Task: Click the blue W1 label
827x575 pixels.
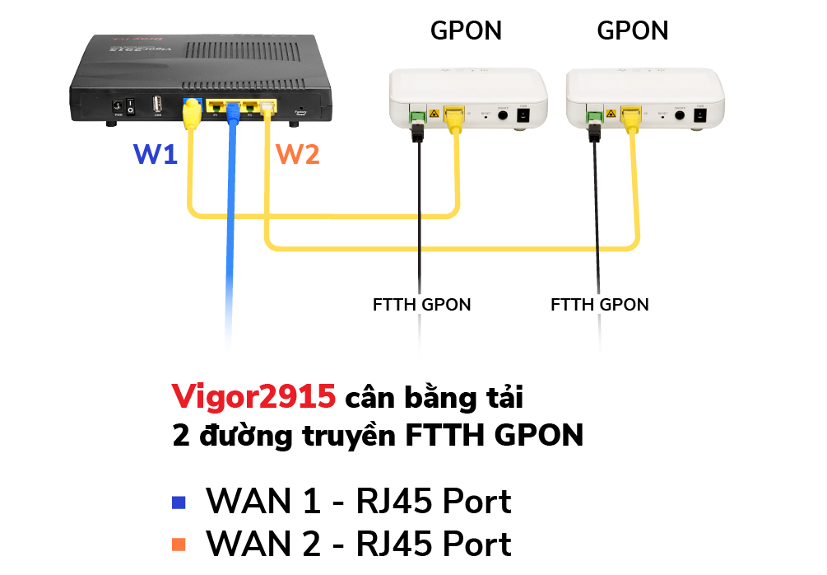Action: coord(156,153)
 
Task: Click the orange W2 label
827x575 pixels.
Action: coord(298,153)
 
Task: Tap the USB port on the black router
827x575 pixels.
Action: coord(156,105)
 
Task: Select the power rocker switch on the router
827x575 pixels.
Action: coord(131,106)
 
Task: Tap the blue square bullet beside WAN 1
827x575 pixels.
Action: coord(179,502)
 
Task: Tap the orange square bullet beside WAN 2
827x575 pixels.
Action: coord(179,545)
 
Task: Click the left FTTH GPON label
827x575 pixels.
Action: coord(421,305)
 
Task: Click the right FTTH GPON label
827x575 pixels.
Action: coord(599,305)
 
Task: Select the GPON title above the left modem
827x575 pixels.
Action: coord(466,31)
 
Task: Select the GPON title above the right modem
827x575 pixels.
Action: coord(633,31)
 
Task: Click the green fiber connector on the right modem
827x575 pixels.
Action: coord(592,115)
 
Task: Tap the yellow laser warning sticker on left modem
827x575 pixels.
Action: coord(433,114)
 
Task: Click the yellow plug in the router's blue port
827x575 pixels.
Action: coord(192,109)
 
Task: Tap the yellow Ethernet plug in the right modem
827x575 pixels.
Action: coord(631,115)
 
